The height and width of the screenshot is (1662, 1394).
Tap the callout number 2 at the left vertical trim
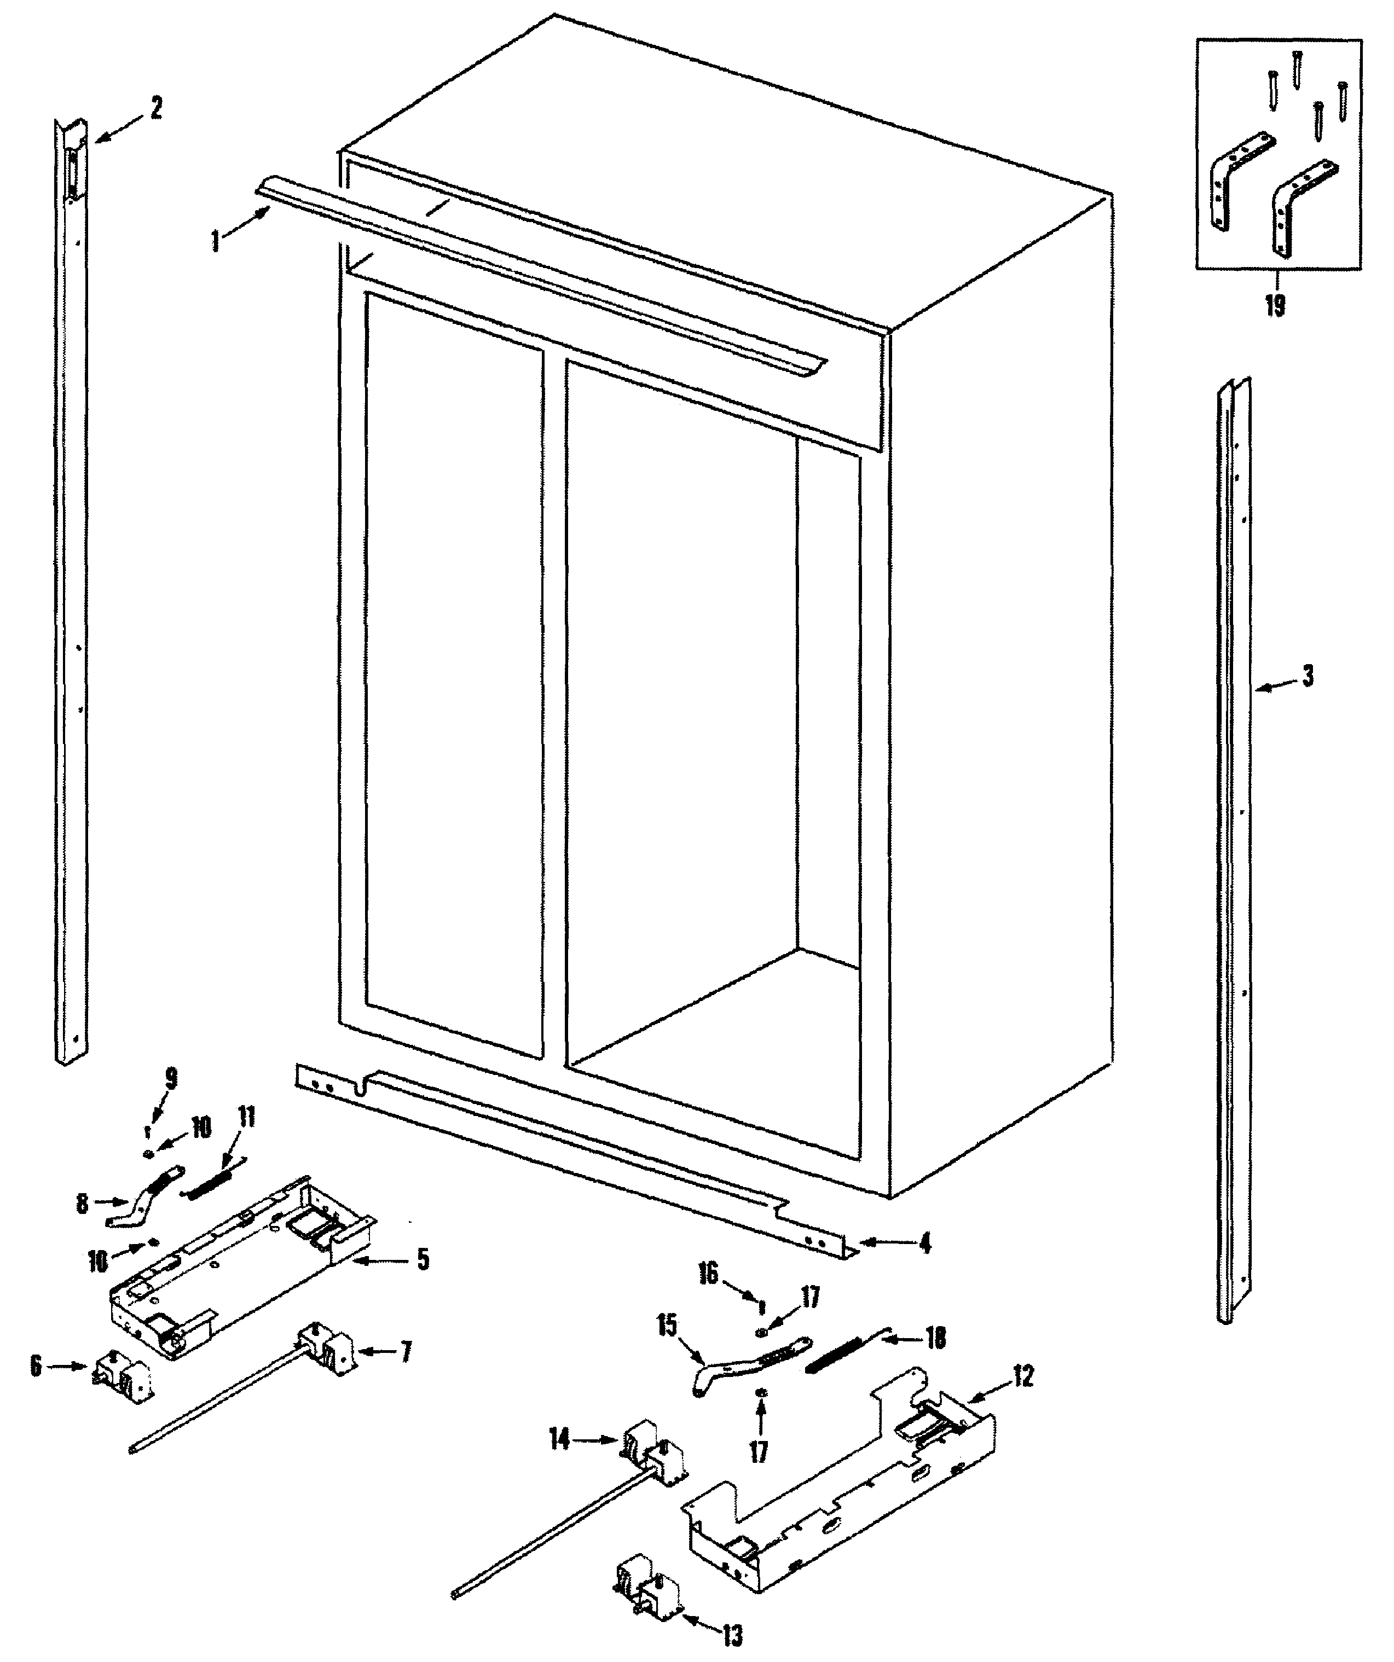[x=156, y=108]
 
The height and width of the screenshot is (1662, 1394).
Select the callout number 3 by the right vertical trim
[x=1307, y=677]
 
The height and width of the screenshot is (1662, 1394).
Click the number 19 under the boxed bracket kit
[x=1275, y=305]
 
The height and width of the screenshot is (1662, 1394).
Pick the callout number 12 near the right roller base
[x=1023, y=1376]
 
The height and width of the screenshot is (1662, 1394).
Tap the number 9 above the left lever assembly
[x=171, y=1078]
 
